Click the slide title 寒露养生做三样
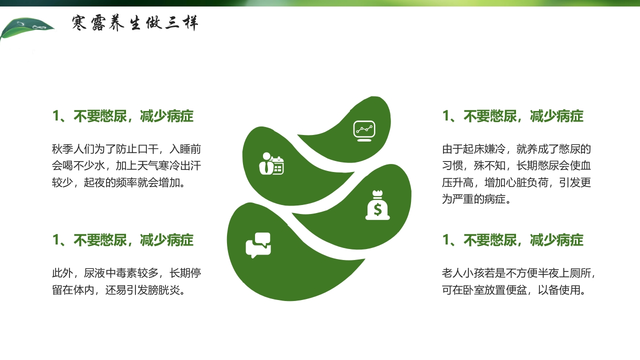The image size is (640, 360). click(135, 23)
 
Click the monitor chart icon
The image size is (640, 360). click(364, 130)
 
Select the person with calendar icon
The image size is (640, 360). click(271, 163)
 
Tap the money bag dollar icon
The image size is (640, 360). click(377, 205)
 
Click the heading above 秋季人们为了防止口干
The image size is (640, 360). click(123, 116)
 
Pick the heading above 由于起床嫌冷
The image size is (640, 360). click(512, 116)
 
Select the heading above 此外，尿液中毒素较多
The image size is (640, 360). click(123, 240)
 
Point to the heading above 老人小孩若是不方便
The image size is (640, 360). click(512, 240)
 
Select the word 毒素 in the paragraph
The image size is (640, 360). click(137, 273)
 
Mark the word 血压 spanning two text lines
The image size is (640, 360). click(586, 166)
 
